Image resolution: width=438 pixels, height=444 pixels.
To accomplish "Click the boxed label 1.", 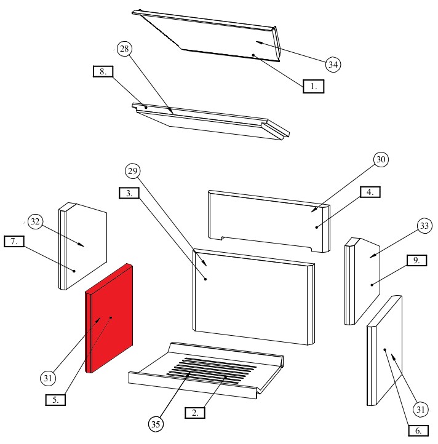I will click(x=313, y=87).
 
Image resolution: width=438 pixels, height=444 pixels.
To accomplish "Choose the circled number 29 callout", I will click(x=133, y=170).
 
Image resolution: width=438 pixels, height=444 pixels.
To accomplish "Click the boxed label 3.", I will click(x=129, y=192).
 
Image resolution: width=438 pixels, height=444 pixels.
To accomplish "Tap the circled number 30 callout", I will click(x=380, y=159).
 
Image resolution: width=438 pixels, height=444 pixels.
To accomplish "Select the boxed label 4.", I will click(x=370, y=192).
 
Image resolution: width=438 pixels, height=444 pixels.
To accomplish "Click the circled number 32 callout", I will click(x=36, y=221).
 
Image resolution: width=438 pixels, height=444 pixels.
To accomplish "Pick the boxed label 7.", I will click(x=14, y=241).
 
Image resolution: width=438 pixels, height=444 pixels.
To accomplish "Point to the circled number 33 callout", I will click(x=423, y=227).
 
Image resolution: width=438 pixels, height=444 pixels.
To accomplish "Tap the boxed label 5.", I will click(x=56, y=399).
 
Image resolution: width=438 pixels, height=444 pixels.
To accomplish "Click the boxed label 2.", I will click(x=195, y=413).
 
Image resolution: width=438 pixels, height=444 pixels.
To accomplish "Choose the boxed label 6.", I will click(x=418, y=431).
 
